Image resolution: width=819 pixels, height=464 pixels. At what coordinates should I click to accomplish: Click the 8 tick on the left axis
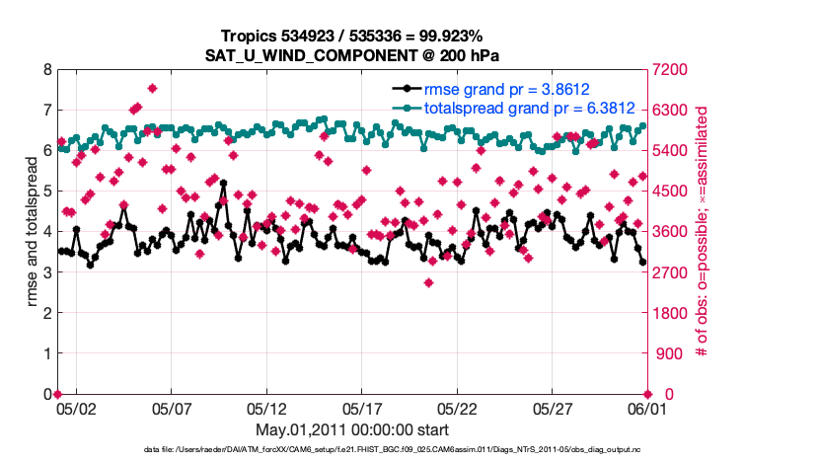[x=46, y=70]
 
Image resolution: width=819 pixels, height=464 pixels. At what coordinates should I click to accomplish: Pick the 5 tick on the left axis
[x=46, y=192]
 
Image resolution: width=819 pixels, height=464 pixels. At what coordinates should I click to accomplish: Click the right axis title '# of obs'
[x=703, y=232]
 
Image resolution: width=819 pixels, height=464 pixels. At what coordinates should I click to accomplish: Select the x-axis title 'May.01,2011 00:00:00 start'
[x=352, y=429]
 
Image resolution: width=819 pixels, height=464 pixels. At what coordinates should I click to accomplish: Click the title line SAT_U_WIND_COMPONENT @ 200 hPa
[x=352, y=54]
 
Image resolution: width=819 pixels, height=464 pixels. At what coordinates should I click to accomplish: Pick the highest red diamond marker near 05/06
[x=152, y=88]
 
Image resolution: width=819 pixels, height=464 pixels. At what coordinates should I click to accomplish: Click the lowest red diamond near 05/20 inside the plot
[x=429, y=283]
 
